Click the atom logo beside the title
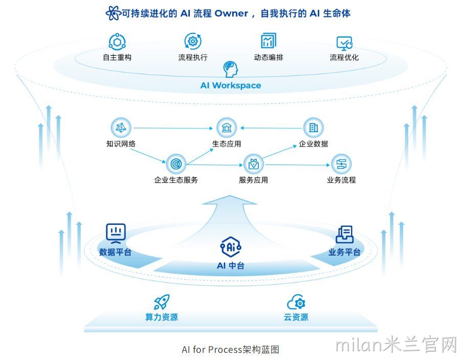coord(113,13)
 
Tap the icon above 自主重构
coord(117,42)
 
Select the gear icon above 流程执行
coord(193,41)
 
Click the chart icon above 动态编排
coord(269,40)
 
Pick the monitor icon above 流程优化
coord(344,43)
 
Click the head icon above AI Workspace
coord(231,69)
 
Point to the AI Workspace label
coord(231,86)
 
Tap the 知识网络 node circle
coord(121,128)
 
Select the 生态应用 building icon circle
coord(227,128)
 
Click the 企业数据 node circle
coord(314,128)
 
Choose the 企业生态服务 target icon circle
coord(176,164)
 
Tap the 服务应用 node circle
coord(253,164)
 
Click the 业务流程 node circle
coord(341,164)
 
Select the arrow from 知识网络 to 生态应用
coord(173,128)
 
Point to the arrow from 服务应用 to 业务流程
coord(297,165)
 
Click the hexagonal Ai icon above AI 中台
coord(231,246)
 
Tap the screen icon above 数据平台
coord(116,234)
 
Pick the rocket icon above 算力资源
coord(162,302)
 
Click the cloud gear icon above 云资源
coord(296,302)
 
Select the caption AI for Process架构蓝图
coord(231,350)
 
